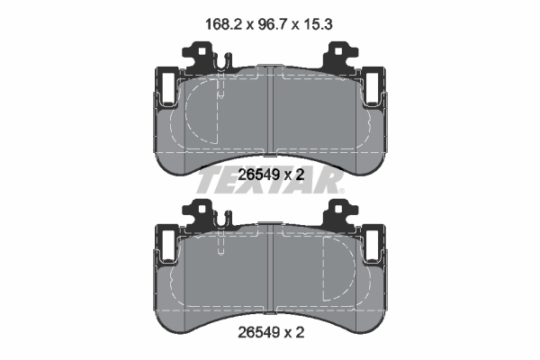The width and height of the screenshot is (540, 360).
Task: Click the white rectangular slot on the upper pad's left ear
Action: coord(166,88)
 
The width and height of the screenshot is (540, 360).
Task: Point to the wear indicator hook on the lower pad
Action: coord(221,222)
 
